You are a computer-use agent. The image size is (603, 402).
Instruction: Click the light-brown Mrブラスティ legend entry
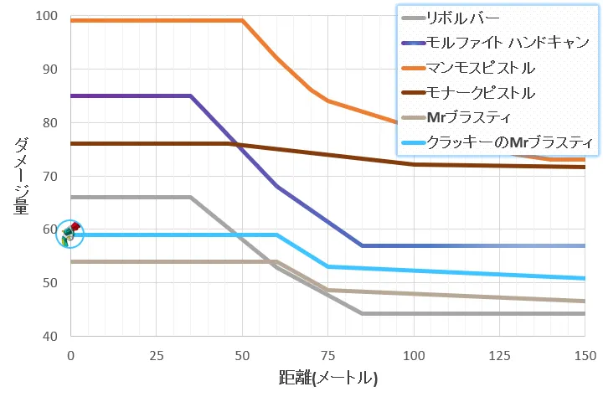(x=468, y=116)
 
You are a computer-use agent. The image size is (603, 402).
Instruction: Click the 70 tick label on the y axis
(x=49, y=177)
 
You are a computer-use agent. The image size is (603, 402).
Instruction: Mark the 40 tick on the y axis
(x=49, y=336)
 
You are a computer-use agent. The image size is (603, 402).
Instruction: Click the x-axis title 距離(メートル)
(x=327, y=378)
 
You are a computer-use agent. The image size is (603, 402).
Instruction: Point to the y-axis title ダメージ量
(x=21, y=176)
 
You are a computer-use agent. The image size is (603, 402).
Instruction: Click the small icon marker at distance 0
(x=70, y=234)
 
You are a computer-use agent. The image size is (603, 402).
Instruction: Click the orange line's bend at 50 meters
(x=242, y=20)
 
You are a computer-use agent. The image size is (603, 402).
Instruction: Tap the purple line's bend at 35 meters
(x=190, y=95)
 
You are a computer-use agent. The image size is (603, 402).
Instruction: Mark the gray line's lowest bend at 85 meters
(x=362, y=313)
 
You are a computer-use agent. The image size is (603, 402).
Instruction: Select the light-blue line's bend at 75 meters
(x=327, y=266)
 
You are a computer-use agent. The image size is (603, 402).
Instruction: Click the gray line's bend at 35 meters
(x=190, y=197)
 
